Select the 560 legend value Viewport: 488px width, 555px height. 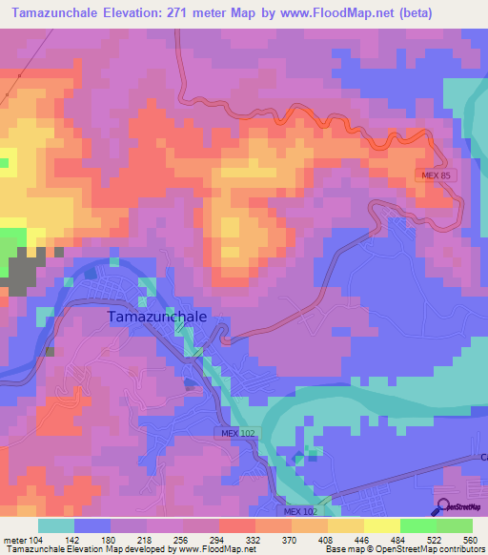tap(468, 540)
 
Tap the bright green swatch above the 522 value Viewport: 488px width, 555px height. tap(417, 525)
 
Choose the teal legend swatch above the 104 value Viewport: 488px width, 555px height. tap(56, 525)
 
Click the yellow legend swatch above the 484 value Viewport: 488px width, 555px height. tap(381, 525)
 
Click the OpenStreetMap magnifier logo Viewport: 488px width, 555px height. tap(443, 506)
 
